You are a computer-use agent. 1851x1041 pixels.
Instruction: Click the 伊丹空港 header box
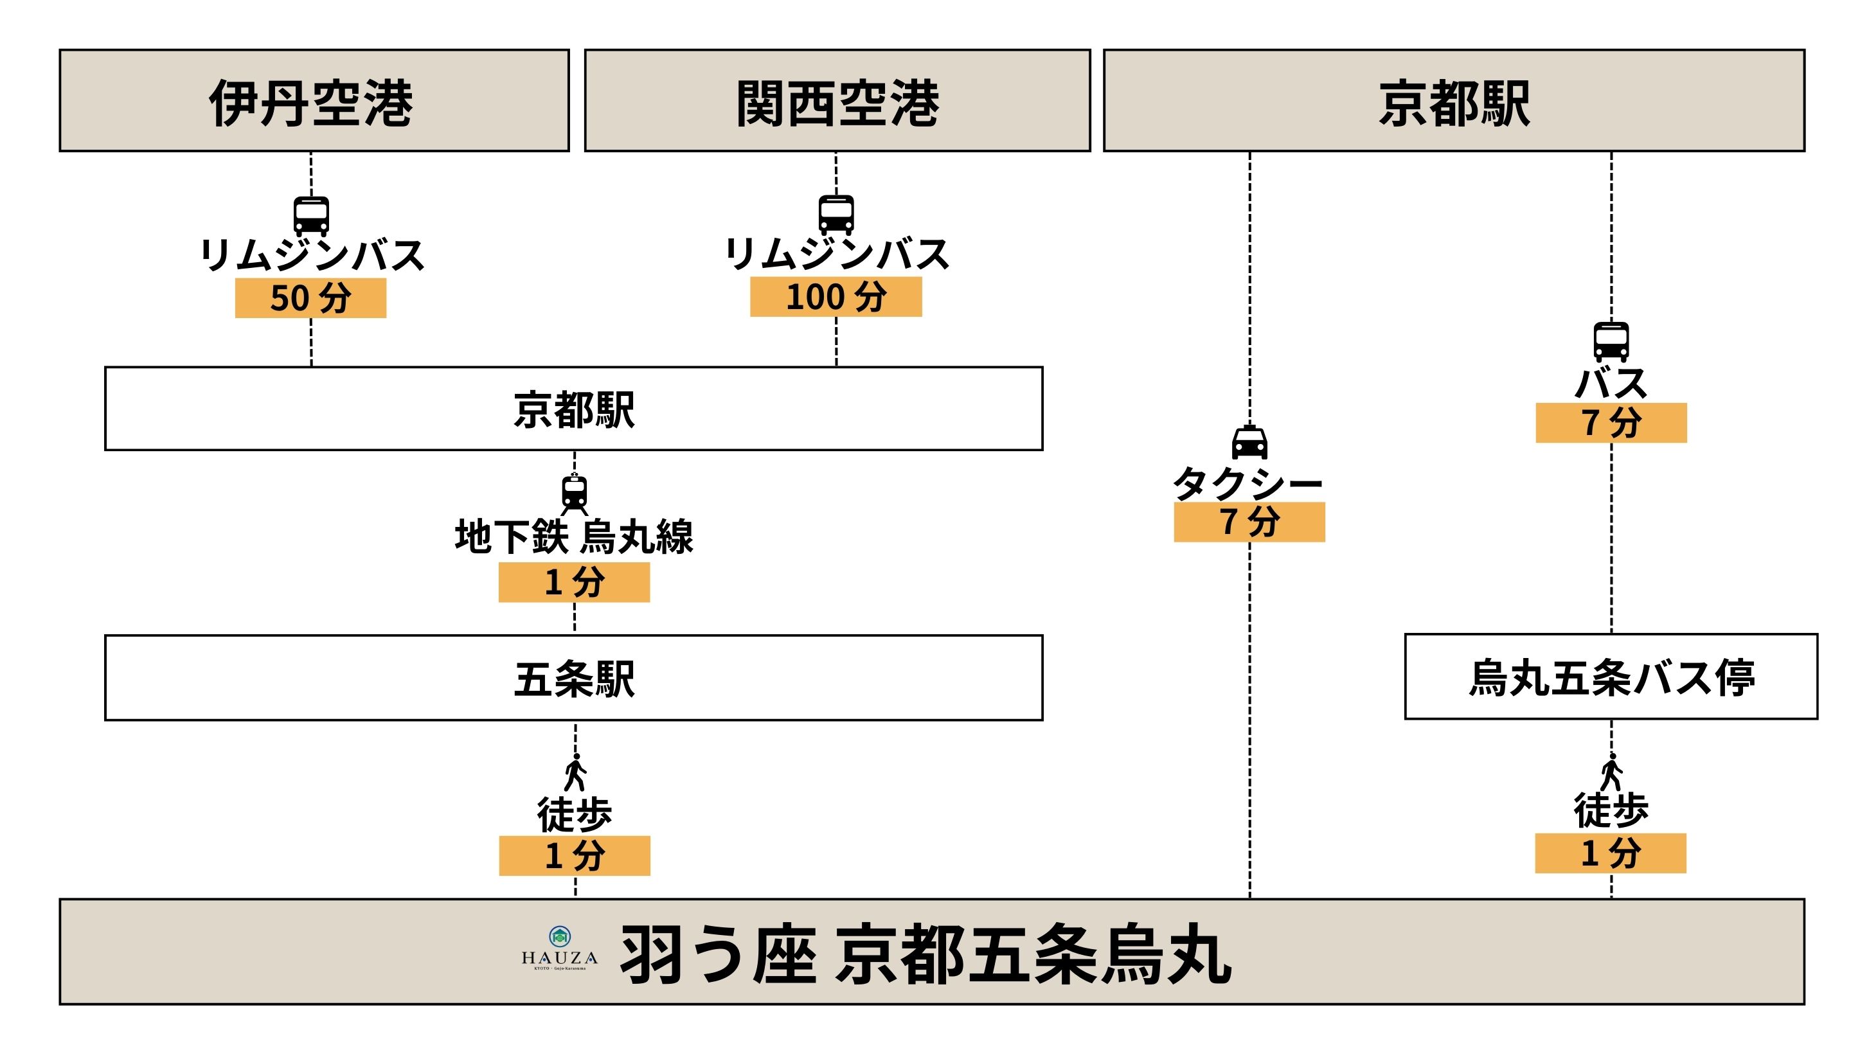tap(314, 101)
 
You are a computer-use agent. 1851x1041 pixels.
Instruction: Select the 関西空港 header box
tap(837, 101)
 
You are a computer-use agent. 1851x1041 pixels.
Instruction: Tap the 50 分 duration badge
tap(310, 298)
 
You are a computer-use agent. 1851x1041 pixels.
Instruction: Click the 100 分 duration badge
tap(836, 297)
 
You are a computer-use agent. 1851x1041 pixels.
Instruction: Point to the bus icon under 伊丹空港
tap(311, 215)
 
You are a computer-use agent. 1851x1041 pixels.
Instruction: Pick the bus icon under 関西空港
tap(836, 214)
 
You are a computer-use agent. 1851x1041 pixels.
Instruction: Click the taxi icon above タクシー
tap(1249, 443)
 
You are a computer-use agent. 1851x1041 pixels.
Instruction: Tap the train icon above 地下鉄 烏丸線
tap(574, 494)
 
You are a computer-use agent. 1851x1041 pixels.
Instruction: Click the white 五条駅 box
tap(573, 677)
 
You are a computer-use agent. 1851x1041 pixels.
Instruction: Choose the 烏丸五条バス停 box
tap(1611, 677)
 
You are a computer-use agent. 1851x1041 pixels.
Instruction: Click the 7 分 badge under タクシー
tap(1249, 522)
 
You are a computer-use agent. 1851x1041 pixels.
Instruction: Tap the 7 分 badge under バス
tap(1611, 422)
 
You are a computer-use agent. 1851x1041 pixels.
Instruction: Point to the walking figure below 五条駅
tap(575, 772)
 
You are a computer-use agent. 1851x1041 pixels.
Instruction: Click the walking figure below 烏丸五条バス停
tap(1611, 772)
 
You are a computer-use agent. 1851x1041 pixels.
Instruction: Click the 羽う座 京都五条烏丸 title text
tap(925, 954)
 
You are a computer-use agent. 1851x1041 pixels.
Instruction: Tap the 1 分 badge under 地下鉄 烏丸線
tap(574, 582)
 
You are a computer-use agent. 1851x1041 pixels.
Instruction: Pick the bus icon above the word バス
tap(1611, 341)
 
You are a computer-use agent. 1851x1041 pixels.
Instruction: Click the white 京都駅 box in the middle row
tap(573, 409)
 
